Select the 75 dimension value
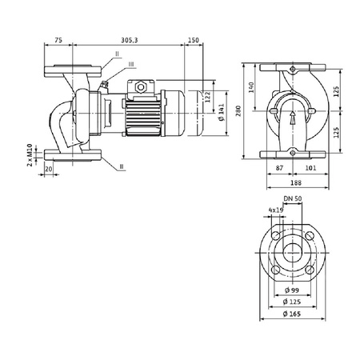tap(58, 38)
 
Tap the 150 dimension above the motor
tap(193, 38)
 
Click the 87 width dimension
tap(278, 169)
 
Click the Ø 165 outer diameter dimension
tap(293, 314)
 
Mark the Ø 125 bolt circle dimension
tap(293, 302)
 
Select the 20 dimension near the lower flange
tap(50, 169)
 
